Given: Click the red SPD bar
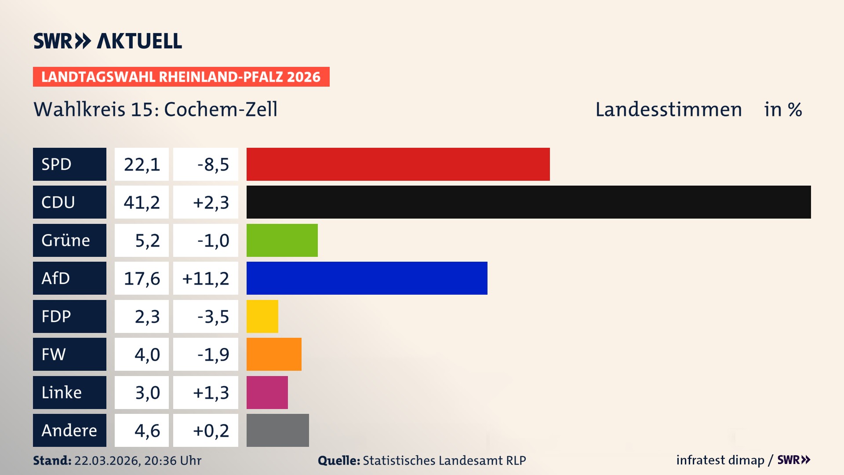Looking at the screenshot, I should coord(398,164).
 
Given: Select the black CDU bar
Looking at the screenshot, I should coord(528,202).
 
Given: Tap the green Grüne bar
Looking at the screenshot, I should coord(282,240).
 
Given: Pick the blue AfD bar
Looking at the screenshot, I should coord(367,278).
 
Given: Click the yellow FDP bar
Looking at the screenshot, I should coord(262,316).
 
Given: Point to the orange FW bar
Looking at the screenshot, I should coord(274,354).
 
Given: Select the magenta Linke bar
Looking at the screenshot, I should coord(267,392).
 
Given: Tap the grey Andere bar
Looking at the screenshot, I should coord(277,430).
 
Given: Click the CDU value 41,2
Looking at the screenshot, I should coord(142,202).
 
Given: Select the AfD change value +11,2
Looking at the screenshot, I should coord(205,278).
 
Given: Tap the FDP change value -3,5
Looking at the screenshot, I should coord(213,316).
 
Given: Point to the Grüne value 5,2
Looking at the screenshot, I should coord(147,241).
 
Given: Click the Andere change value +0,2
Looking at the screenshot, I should coord(211,431).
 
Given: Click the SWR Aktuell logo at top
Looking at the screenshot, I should coord(107,41).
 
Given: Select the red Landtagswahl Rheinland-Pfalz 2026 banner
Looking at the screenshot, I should coord(181,77).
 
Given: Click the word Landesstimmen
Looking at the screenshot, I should coord(668,110).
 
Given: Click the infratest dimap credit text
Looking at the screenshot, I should coord(720,460).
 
